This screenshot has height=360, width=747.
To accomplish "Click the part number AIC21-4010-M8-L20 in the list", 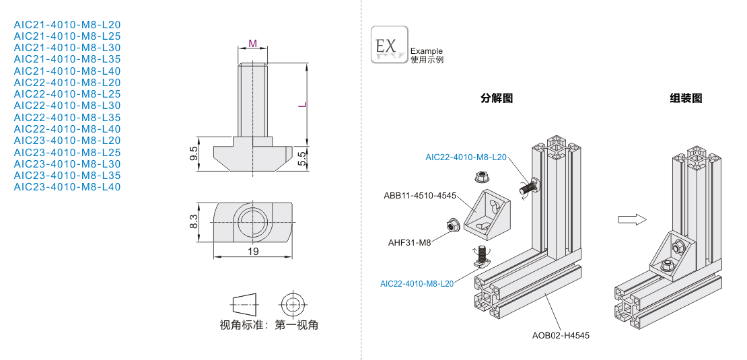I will [x=67, y=24].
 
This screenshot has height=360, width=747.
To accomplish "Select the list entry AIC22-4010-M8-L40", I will [x=67, y=129].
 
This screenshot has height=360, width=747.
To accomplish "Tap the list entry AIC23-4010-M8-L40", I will [x=67, y=187].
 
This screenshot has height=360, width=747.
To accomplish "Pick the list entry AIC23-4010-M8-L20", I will [x=67, y=141].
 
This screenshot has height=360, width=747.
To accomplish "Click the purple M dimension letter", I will [x=252, y=43].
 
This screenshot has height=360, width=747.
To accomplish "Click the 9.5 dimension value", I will [x=194, y=153].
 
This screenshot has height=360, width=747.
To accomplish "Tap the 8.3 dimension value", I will [x=194, y=221].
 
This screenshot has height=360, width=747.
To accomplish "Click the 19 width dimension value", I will [x=253, y=251].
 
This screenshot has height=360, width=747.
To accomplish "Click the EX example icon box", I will [x=389, y=44].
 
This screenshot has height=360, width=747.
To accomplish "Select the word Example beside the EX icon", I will [x=427, y=51].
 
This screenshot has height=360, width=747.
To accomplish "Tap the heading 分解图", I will [x=497, y=98].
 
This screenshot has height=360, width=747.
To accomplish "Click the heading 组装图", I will [x=686, y=98].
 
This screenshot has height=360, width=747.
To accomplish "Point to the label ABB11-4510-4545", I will [x=420, y=196].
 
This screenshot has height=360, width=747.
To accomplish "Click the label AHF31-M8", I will [x=409, y=243].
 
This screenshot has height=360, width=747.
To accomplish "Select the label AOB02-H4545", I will [x=561, y=335].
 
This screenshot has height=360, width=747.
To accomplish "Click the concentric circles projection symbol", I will [x=292, y=303].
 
